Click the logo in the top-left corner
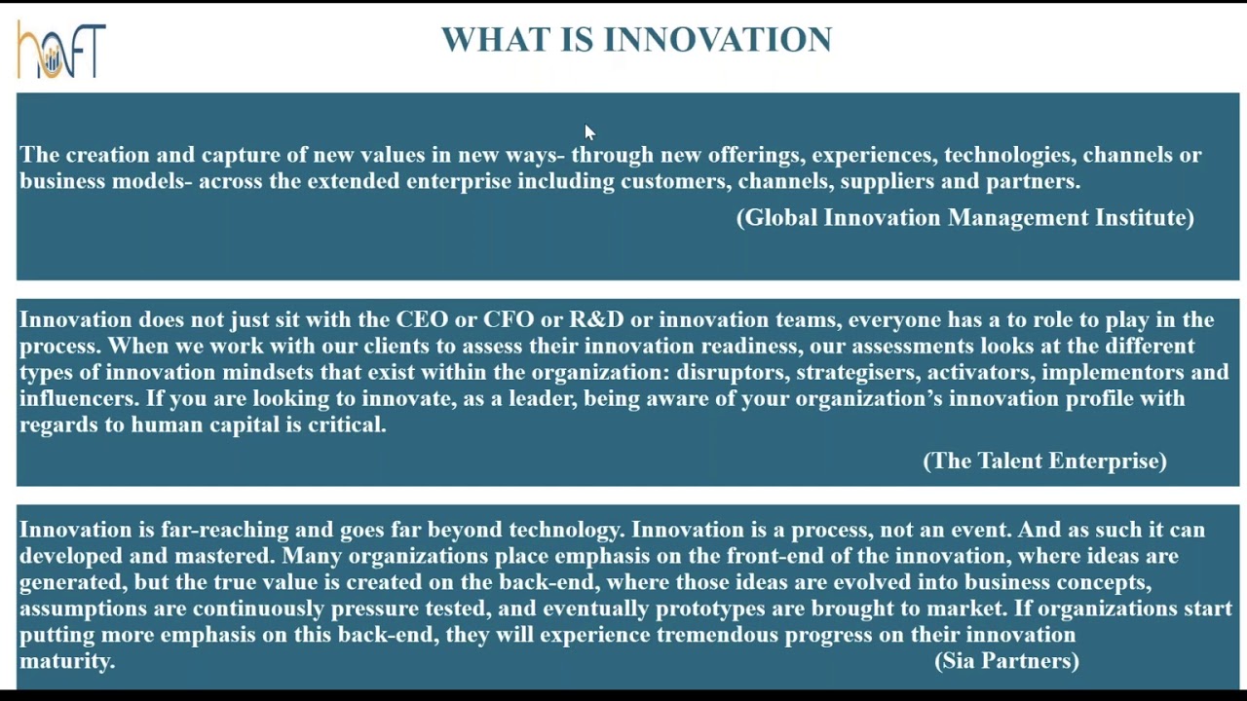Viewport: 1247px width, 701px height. (61, 50)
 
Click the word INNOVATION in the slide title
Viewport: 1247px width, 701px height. (717, 40)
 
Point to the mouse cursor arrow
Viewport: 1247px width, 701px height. (588, 131)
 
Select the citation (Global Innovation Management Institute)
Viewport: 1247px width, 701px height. (964, 218)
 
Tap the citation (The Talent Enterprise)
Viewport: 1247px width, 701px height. (1044, 461)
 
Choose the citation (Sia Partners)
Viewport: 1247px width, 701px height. (1006, 661)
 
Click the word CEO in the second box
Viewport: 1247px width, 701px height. (422, 320)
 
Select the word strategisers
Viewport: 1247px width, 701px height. (857, 373)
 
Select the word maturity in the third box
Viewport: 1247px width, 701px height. (65, 662)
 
